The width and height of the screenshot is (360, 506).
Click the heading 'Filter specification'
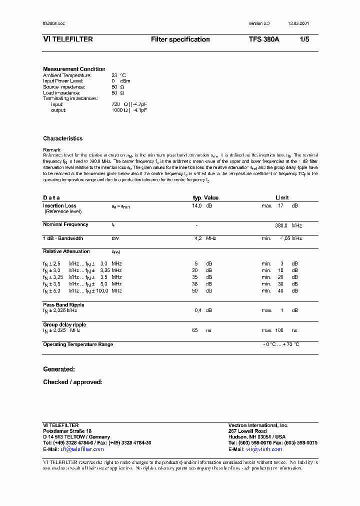coord(180,39)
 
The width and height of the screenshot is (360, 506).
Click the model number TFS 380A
coord(264,39)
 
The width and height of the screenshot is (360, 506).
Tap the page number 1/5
coord(304,39)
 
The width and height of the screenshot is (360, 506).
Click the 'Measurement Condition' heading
coord(74,69)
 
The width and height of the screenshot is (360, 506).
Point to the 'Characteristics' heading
coord(62,138)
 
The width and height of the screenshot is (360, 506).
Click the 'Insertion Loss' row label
coord(59,205)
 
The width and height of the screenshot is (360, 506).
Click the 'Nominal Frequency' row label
coord(65,224)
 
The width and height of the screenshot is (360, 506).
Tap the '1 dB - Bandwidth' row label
coord(63,238)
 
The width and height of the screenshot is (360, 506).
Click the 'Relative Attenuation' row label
coord(66,251)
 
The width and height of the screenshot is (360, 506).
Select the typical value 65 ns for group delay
coord(195,330)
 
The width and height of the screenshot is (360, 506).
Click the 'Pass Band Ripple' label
coord(63,304)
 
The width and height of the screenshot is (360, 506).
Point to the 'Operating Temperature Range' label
coord(78,344)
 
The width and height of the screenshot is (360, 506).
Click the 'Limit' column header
coord(282,197)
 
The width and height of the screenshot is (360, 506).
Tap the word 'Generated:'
coord(59,369)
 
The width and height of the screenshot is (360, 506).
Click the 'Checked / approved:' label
coord(72,382)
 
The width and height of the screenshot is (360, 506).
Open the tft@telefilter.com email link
coord(82,449)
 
